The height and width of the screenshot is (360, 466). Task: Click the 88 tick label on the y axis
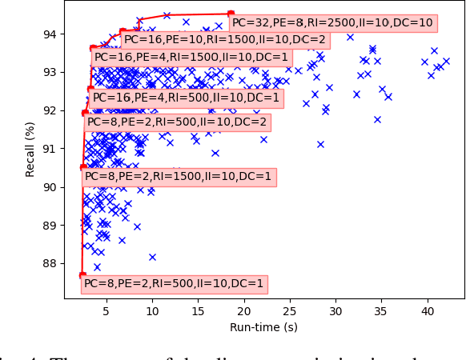[50, 263]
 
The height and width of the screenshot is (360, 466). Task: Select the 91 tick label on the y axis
[50, 149]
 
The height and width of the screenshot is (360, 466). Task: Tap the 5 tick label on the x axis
[106, 311]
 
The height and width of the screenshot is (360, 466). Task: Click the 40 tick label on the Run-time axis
[428, 311]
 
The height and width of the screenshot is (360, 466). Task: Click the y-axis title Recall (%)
[30, 150]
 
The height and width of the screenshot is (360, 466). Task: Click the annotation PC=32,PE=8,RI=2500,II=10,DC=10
[332, 23]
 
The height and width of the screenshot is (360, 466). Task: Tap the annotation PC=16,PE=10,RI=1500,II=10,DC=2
[225, 39]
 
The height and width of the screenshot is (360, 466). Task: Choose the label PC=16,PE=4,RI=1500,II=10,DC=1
[191, 57]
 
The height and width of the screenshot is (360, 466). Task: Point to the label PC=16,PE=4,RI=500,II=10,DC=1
[187, 98]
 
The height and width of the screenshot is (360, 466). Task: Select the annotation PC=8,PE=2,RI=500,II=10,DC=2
[177, 122]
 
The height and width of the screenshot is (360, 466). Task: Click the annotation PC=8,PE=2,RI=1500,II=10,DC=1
[179, 177]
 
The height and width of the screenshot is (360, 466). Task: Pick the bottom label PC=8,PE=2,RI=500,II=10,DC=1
[174, 283]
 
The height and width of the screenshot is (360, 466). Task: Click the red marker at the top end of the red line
[231, 14]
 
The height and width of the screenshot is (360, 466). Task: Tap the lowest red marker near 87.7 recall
[82, 275]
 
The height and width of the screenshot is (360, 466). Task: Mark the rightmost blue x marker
[446, 61]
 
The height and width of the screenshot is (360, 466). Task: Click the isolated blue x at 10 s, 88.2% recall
[152, 257]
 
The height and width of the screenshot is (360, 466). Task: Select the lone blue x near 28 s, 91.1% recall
[320, 144]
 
